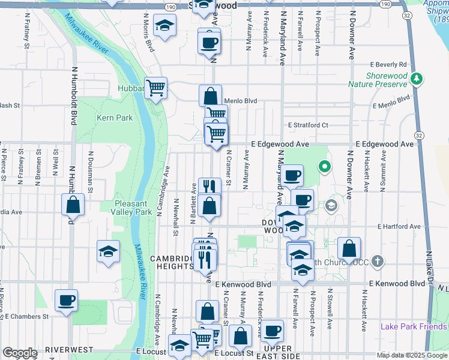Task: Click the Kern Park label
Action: point(114,118)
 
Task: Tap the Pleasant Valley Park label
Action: point(133,207)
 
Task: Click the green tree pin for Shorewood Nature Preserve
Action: point(415,79)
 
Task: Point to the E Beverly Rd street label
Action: point(388,64)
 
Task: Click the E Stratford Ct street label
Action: point(308,125)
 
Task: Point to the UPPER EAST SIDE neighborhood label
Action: point(278,352)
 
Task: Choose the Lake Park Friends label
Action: point(414,326)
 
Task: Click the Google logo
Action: point(19,352)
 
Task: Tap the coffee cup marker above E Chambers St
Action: point(66,300)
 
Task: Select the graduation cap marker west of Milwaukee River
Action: point(108,251)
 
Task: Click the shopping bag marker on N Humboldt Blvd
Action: point(73,205)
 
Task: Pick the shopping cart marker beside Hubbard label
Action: point(156,88)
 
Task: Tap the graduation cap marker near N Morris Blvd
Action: point(164,26)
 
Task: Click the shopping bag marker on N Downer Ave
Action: point(349,248)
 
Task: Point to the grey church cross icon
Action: point(377,262)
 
